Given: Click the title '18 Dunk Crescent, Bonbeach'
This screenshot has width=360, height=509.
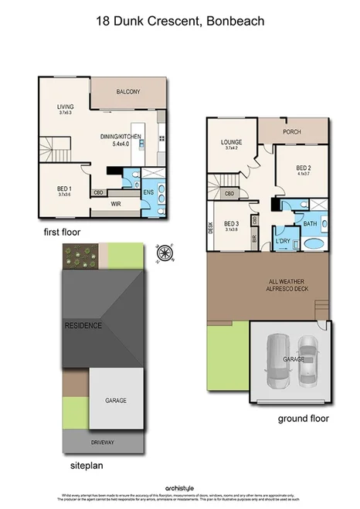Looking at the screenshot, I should point(179,22).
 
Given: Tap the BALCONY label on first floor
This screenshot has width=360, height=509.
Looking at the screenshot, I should point(128,92).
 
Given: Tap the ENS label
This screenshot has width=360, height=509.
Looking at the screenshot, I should point(148,193).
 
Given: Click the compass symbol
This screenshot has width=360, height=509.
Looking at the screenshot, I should point(163,252).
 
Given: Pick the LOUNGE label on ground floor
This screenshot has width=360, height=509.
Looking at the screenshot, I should point(231,142).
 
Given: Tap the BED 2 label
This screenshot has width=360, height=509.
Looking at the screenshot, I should point(303,168).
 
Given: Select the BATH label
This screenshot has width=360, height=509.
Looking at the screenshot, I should point(310,224).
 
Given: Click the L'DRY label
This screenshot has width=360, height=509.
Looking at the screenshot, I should point(282,243).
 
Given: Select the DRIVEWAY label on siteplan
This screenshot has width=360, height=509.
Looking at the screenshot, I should point(104,443).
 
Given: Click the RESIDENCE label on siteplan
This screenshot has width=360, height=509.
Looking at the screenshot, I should point(83,325).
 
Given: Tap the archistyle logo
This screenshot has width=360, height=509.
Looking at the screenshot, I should point(181,487).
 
